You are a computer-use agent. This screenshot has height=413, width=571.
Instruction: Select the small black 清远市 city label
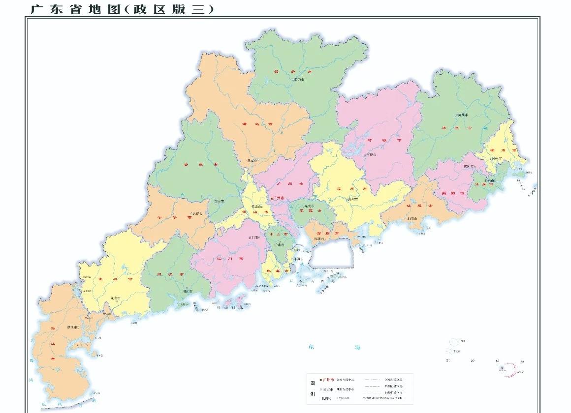click(252, 160)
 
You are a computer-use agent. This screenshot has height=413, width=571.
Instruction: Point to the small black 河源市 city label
click(372, 154)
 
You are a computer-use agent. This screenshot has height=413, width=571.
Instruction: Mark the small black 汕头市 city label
click(489, 180)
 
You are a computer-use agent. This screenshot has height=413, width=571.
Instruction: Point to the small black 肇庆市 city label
click(219, 202)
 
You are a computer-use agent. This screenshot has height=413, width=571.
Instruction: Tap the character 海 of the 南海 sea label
click(357, 348)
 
